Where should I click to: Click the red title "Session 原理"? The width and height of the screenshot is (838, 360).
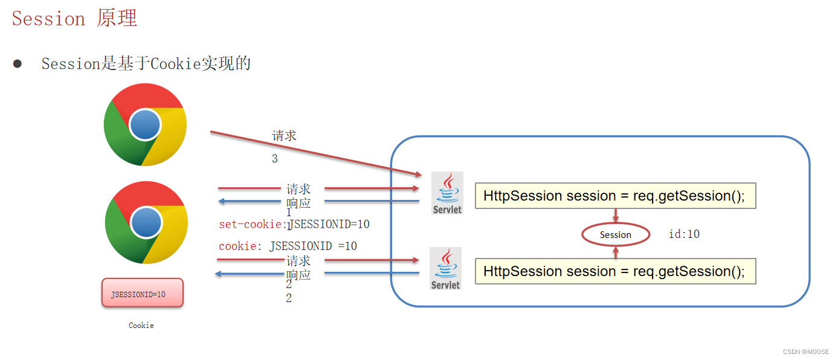[x=74, y=18]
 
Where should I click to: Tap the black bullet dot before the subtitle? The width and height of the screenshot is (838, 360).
[x=17, y=63]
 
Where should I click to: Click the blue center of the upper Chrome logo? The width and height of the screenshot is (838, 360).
[x=145, y=124]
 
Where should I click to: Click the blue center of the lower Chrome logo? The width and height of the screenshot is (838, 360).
[x=146, y=223]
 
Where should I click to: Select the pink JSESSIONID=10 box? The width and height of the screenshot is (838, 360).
[x=143, y=293]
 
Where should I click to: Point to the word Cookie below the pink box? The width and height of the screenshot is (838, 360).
[x=141, y=325]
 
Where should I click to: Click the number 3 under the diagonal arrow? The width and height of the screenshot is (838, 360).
[x=274, y=158]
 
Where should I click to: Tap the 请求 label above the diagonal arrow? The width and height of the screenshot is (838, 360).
[x=284, y=135]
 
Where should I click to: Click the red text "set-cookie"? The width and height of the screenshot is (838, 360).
[x=250, y=224]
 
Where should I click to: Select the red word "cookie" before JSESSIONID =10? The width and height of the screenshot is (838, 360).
[x=237, y=246]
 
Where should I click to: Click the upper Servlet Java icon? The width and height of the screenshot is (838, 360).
[x=447, y=193]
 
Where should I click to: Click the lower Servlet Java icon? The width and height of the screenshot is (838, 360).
[x=445, y=268]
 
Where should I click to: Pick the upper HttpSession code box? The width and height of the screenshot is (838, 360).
[x=616, y=196]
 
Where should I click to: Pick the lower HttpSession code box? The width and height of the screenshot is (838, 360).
[x=616, y=271]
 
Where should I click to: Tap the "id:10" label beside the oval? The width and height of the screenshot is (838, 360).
[x=684, y=234]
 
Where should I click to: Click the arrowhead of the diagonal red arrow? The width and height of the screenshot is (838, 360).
[x=419, y=174]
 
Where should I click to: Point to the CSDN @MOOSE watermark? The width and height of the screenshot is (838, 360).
[x=805, y=352]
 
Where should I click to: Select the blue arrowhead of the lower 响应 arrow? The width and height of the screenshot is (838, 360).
[x=219, y=274]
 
